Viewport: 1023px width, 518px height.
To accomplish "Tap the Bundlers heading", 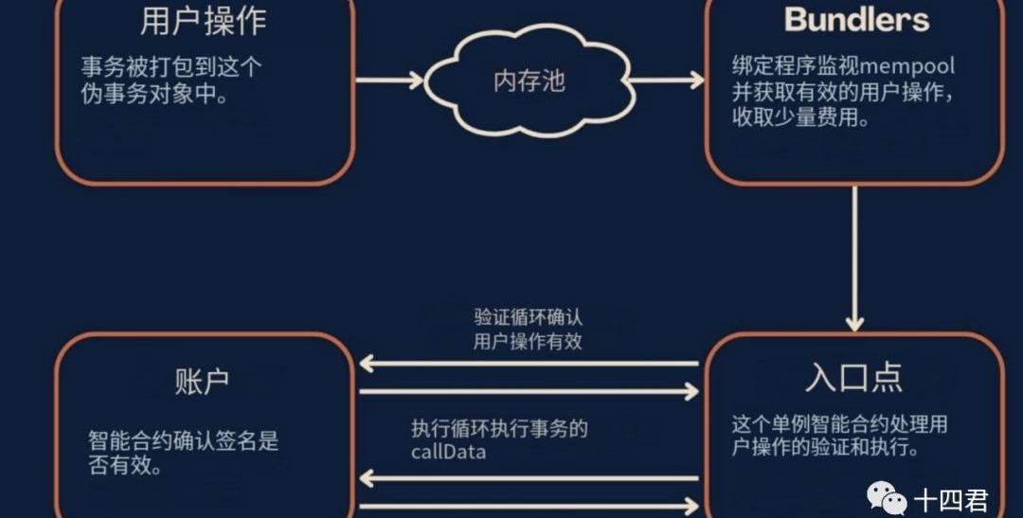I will click(x=856, y=19).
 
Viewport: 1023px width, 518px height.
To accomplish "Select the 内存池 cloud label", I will click(x=529, y=80).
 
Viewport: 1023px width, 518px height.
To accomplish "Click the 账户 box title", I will click(x=203, y=381).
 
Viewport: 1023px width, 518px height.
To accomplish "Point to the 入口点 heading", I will click(x=853, y=376).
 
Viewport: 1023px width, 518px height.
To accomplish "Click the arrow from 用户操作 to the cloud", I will click(x=388, y=80).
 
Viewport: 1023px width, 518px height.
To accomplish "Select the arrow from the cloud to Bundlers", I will click(x=667, y=80).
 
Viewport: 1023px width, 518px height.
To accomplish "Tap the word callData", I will click(x=448, y=452).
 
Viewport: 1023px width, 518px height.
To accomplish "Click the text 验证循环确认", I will click(x=529, y=317).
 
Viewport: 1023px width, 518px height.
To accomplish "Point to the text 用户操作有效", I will click(x=528, y=341).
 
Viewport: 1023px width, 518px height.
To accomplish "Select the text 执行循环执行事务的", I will click(x=499, y=428).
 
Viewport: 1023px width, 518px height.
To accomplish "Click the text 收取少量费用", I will click(x=799, y=119).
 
